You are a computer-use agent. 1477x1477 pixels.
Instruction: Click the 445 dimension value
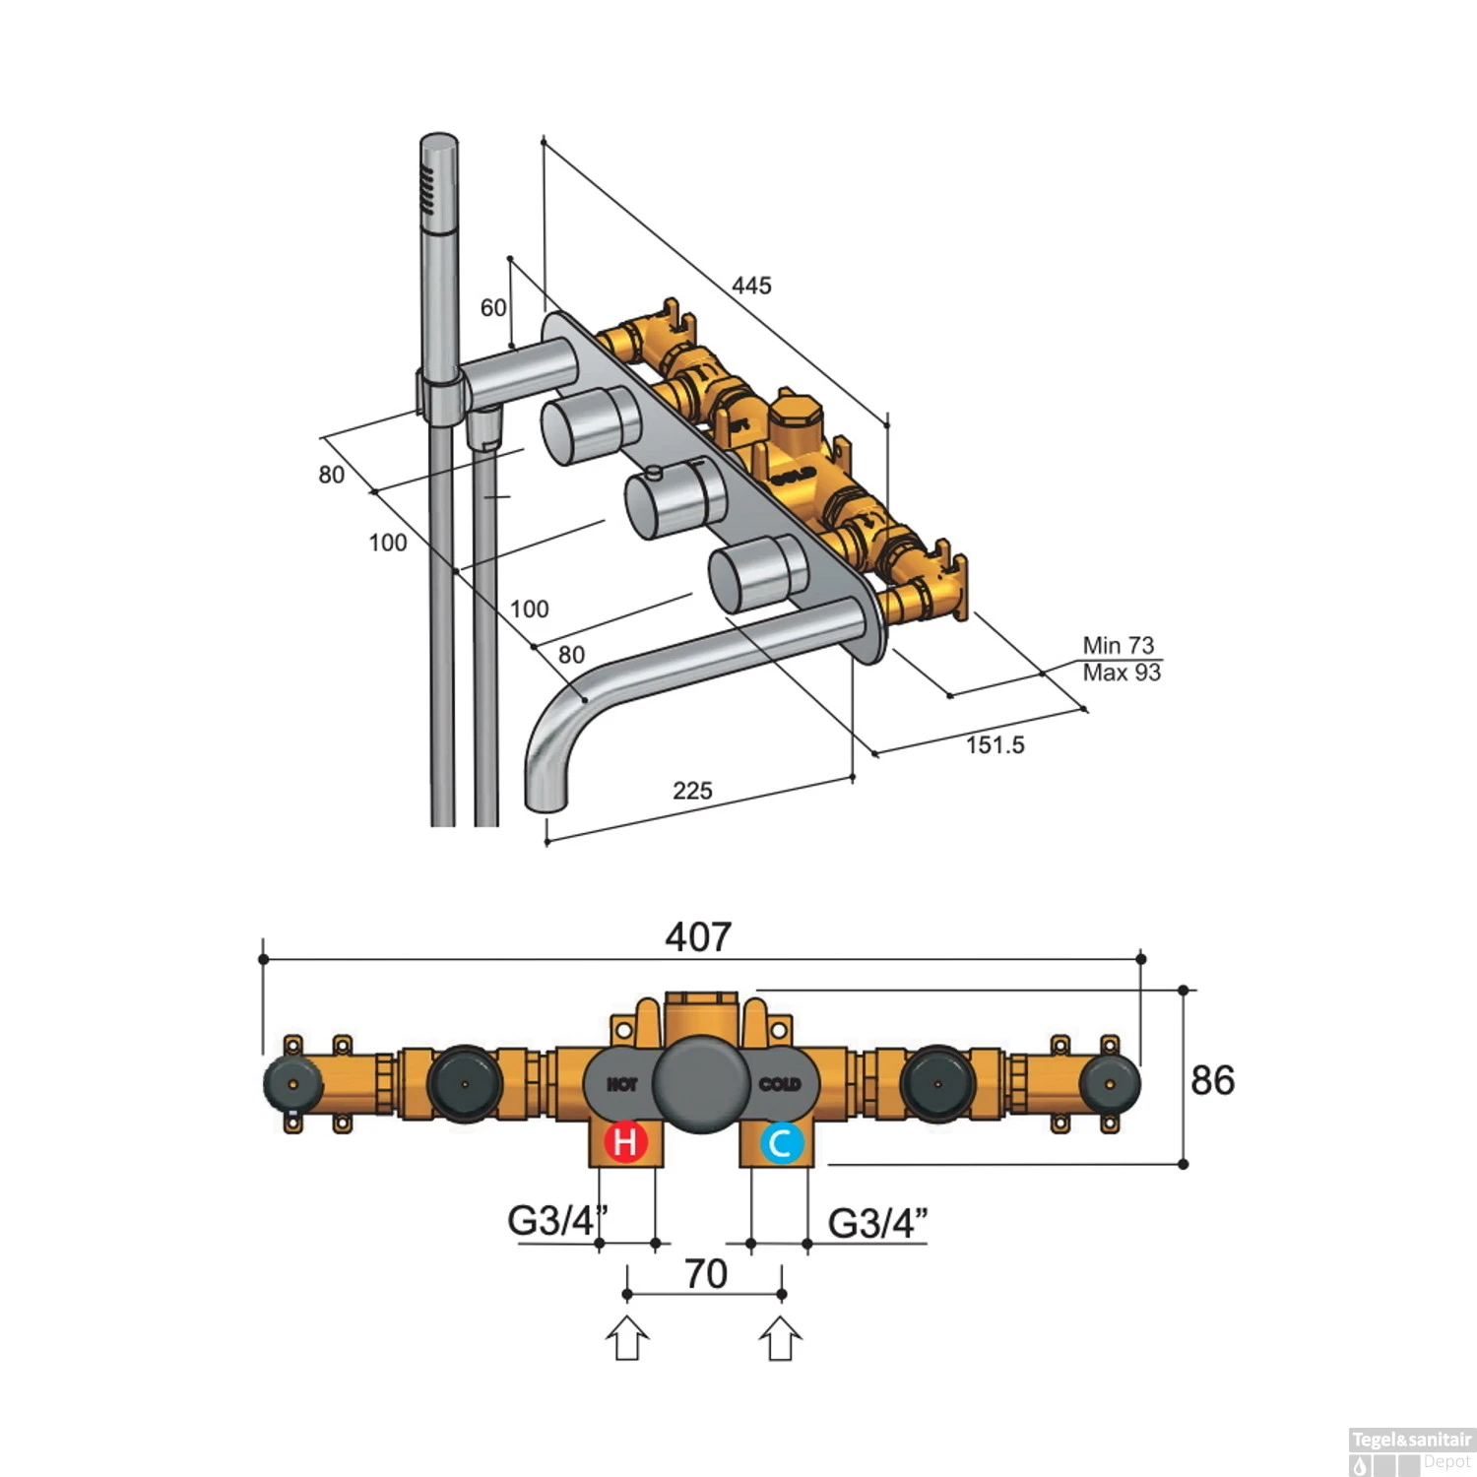coord(751,286)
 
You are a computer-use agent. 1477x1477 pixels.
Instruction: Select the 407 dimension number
coord(698,936)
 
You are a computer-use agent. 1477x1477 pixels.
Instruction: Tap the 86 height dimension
coord(1212,1080)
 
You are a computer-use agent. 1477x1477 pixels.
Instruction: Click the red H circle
coord(625,1142)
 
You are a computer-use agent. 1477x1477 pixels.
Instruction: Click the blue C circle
coord(781,1143)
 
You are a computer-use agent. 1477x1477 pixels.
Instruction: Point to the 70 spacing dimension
coord(705,1273)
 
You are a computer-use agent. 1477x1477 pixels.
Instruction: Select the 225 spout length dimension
coord(692,791)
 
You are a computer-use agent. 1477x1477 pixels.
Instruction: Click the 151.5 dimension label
coord(995,744)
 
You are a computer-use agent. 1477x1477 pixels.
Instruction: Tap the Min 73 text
coord(1118,645)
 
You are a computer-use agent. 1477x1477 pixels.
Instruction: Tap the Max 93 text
coord(1122,673)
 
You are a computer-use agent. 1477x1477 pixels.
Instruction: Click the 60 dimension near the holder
coord(493,308)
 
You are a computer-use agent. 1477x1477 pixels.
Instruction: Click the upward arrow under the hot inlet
coord(627,1341)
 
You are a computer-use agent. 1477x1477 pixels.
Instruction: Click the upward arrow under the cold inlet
coord(781,1341)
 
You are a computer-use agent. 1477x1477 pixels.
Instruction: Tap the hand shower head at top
coord(439,177)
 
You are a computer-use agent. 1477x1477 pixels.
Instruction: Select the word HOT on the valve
coord(621,1084)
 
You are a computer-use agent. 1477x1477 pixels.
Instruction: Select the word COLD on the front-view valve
coord(780,1084)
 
